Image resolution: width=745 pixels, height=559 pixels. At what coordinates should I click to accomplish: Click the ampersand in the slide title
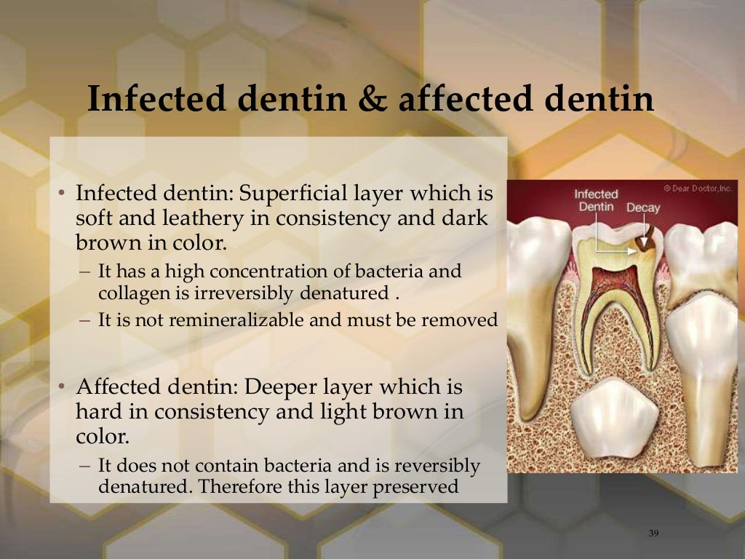point(372,100)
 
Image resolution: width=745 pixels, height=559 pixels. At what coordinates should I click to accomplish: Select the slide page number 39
point(653,534)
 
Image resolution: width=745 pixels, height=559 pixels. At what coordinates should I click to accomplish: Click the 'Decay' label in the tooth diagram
point(643,207)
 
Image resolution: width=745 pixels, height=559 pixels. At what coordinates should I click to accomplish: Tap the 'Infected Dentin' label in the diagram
point(596,200)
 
